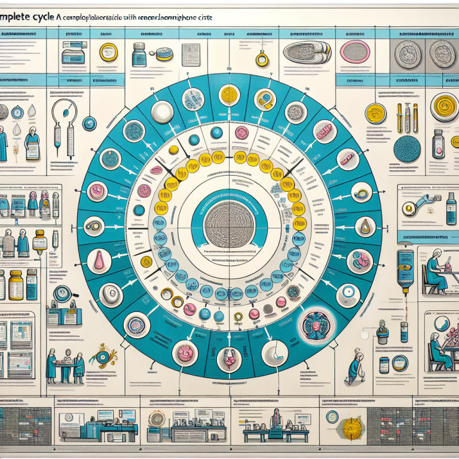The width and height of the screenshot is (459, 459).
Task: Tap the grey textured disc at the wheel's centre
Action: (229, 226)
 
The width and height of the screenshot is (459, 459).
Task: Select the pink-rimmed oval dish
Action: (356, 52)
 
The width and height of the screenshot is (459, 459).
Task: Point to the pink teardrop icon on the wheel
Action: (98, 261)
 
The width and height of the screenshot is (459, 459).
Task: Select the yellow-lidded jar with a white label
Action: (16, 284)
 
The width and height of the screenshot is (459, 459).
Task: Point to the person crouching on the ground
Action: (357, 369)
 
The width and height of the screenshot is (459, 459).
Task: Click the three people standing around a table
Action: (65, 364)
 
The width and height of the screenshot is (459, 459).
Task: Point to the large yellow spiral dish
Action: (444, 107)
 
